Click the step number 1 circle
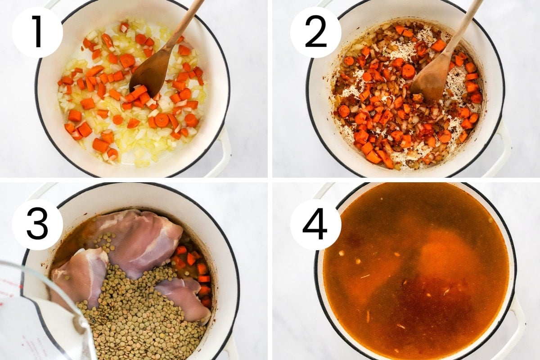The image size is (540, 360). (37, 32)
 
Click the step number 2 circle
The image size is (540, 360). (315, 32)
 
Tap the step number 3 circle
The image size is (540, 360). (37, 225)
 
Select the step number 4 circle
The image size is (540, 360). (315, 225)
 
